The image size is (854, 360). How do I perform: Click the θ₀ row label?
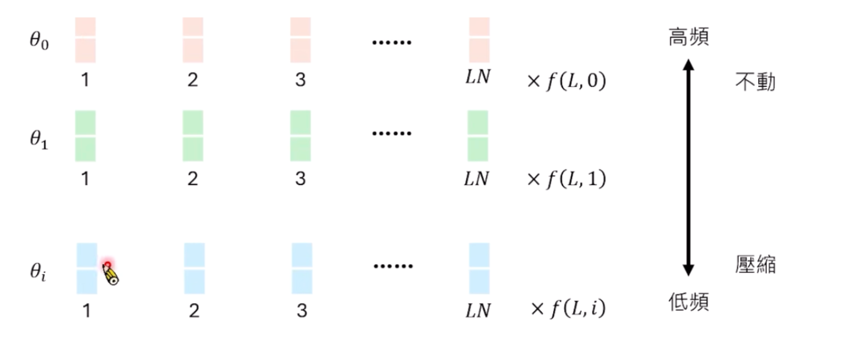pyautogui.click(x=39, y=42)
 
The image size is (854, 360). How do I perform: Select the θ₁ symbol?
pyautogui.click(x=39, y=140)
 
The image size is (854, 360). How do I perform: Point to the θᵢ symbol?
pyautogui.click(x=38, y=271)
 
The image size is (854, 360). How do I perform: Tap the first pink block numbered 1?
pyautogui.click(x=85, y=39)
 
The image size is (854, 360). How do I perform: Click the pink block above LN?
pyautogui.click(x=479, y=39)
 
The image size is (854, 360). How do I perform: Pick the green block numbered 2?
pyautogui.click(x=193, y=136)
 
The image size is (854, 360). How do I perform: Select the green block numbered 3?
pyautogui.click(x=300, y=136)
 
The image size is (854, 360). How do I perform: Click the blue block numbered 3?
pyautogui.click(x=302, y=268)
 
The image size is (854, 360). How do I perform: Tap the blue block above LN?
pyautogui.click(x=479, y=268)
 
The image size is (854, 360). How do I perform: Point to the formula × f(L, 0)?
pyautogui.click(x=566, y=81)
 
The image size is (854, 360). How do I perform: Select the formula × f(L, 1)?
pyautogui.click(x=566, y=179)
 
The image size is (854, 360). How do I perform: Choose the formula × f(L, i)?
pyautogui.click(x=568, y=308)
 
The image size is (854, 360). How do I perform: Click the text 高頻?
pyautogui.click(x=688, y=38)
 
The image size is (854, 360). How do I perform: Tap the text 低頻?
pyautogui.click(x=688, y=302)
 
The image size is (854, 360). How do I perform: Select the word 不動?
pyautogui.click(x=755, y=82)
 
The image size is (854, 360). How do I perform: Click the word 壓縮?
pyautogui.click(x=755, y=265)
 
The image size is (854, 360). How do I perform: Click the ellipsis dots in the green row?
pyautogui.click(x=392, y=134)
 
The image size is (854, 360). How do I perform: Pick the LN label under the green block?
pyautogui.click(x=476, y=178)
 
